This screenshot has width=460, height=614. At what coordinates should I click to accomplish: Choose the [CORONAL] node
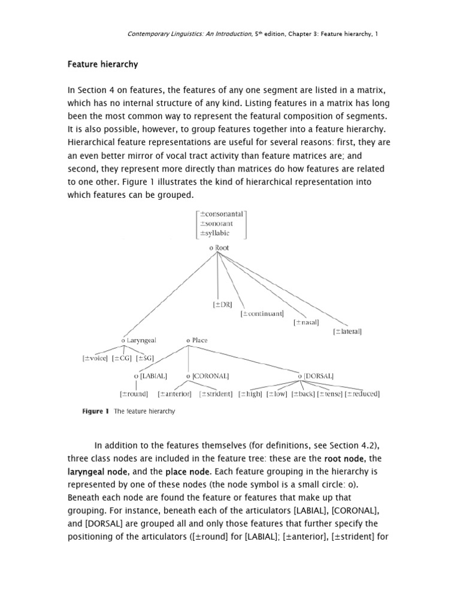(x=208, y=376)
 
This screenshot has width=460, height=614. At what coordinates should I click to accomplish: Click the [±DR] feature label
(x=222, y=305)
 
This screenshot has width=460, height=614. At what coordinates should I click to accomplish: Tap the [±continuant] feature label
(x=262, y=313)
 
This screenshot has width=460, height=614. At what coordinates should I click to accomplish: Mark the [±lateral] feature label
(x=347, y=331)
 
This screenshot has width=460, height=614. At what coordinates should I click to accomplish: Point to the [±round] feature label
(x=134, y=394)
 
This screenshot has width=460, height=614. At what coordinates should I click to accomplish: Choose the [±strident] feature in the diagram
(x=216, y=394)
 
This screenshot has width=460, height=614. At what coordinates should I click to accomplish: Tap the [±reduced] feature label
(x=362, y=394)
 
